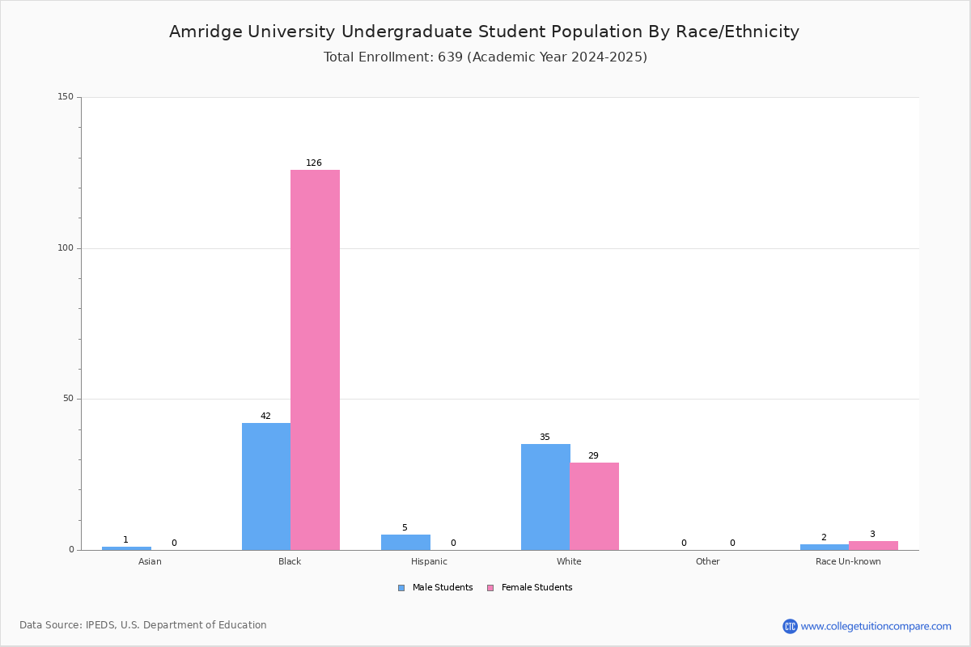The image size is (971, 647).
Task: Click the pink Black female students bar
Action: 315,360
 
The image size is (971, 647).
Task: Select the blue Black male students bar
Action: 266,487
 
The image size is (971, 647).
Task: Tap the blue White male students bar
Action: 545,497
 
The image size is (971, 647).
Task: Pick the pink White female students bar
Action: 594,506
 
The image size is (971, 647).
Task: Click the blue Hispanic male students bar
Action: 405,543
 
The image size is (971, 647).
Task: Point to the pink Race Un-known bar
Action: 873,546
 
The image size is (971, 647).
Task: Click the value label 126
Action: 314,163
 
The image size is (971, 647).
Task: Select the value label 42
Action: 265,416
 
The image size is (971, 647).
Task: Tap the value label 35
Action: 545,437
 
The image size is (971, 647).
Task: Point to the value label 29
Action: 593,455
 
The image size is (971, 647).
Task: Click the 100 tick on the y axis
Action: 66,247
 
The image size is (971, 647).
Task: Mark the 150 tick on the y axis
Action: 66,96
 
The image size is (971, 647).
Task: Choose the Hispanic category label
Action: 429,561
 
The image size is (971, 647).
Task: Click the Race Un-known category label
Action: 848,561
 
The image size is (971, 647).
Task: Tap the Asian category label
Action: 150,561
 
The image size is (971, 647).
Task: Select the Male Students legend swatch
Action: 401,588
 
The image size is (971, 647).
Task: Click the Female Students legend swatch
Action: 490,588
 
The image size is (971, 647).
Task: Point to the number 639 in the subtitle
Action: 451,57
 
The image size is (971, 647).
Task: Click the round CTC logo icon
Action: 790,626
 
